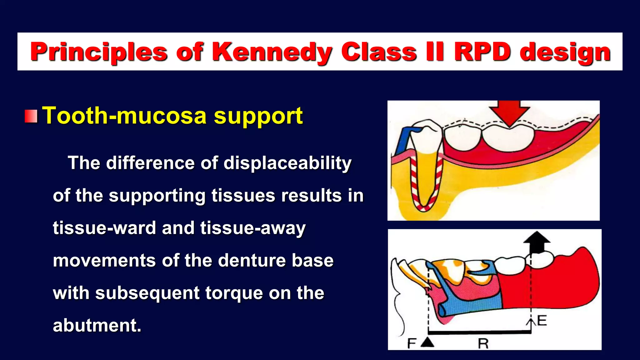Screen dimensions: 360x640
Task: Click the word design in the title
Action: [565, 52]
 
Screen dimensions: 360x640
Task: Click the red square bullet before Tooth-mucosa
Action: [31, 116]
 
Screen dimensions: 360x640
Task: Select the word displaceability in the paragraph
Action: [287, 163]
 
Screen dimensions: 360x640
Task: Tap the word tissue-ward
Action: [104, 228]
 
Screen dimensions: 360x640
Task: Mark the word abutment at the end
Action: [97, 325]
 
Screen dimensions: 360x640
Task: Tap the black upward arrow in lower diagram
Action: [537, 242]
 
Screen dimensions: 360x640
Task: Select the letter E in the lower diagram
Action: [542, 321]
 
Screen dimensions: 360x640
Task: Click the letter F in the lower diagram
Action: [412, 343]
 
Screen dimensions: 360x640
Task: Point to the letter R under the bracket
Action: [483, 344]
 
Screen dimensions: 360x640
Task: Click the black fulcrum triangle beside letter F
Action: [427, 342]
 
